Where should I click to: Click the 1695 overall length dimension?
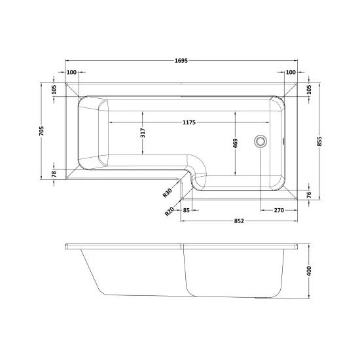click(181, 61)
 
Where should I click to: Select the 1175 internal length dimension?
click(189, 122)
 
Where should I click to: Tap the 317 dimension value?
click(143, 133)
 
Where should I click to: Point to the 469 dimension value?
click(236, 143)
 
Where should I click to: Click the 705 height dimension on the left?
click(41, 131)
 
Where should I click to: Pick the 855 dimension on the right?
click(320, 141)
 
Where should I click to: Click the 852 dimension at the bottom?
click(239, 221)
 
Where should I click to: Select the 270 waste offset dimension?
click(279, 210)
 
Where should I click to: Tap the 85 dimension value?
click(186, 210)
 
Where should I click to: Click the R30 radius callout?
click(168, 193)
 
